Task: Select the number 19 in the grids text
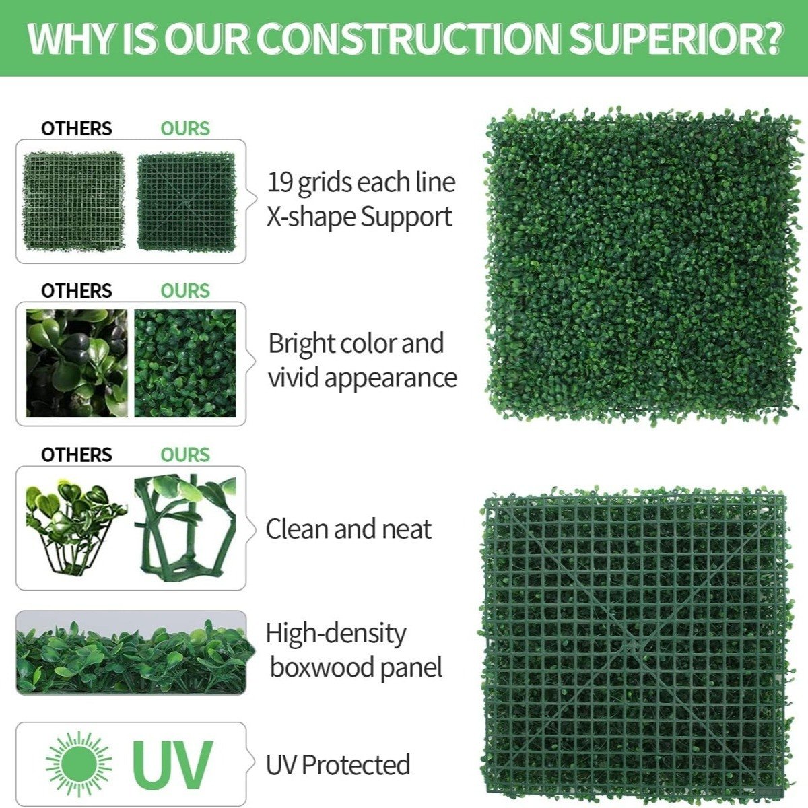point(280,182)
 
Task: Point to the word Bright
point(301,344)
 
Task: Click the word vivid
point(293,378)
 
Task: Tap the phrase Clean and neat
point(348,529)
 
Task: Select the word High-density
point(336,634)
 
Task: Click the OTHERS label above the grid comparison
point(77,129)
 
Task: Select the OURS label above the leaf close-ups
point(185,291)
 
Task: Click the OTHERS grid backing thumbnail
point(73,201)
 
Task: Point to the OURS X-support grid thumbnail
point(187,202)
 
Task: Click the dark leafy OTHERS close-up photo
point(77,363)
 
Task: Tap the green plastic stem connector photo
point(185,524)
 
